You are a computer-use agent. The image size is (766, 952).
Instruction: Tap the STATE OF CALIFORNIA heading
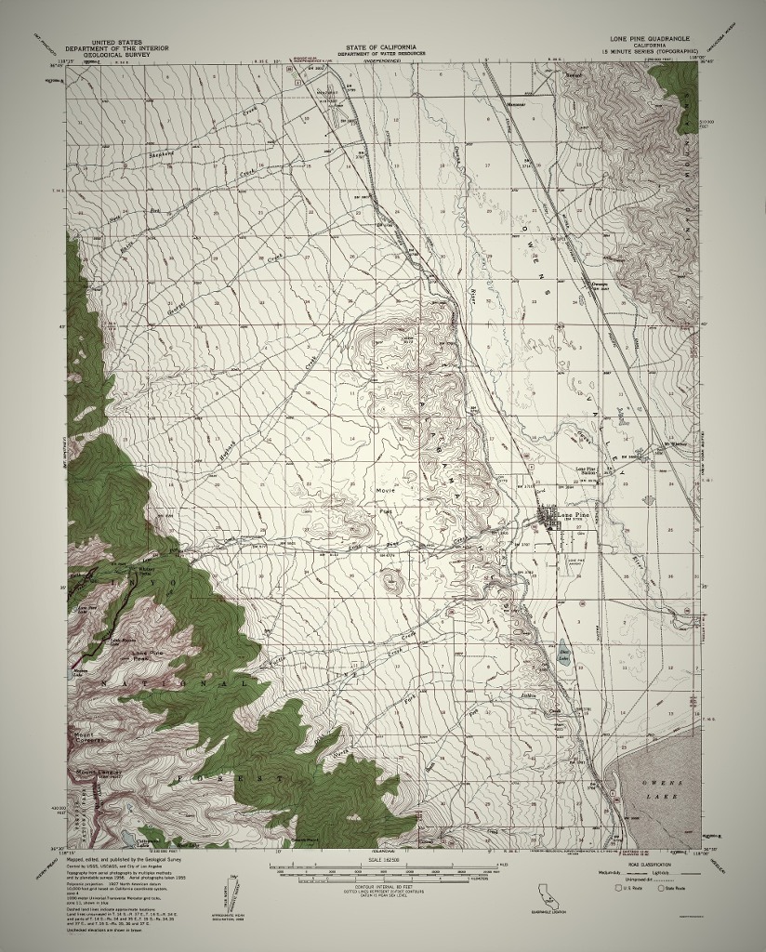click(x=381, y=46)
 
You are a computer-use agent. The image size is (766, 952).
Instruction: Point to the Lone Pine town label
click(x=571, y=514)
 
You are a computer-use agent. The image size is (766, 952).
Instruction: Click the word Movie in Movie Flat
click(x=386, y=490)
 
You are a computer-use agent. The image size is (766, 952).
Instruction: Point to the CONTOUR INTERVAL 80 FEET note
click(x=382, y=888)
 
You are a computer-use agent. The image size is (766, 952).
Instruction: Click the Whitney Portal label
click(x=144, y=571)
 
